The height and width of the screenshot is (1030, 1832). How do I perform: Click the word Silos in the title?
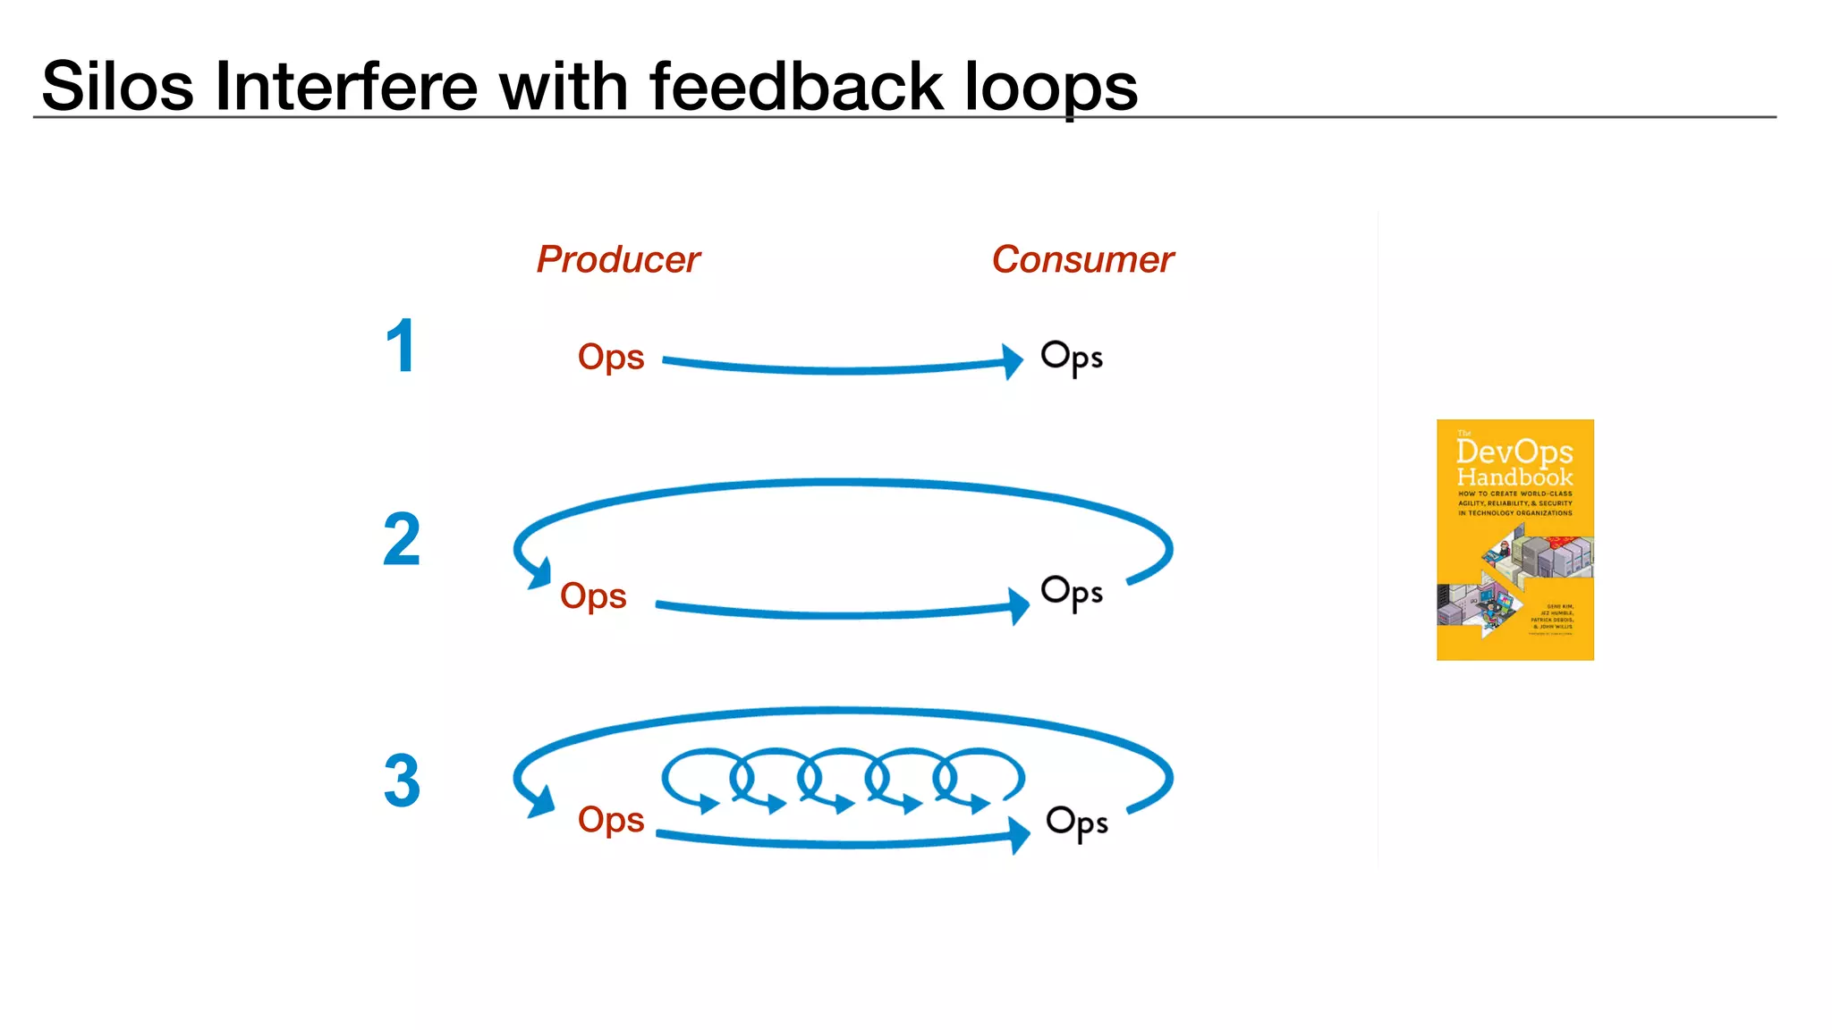[x=117, y=87]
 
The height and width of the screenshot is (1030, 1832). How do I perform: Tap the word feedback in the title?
[x=796, y=87]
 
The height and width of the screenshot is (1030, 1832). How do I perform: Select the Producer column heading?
[x=618, y=259]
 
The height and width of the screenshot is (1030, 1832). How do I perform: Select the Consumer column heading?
[x=1082, y=259]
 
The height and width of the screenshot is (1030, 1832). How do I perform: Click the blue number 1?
[x=401, y=346]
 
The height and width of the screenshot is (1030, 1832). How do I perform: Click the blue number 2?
[x=402, y=540]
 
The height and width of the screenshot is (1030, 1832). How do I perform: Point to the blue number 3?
[x=402, y=781]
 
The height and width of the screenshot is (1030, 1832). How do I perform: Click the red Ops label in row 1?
[x=611, y=357]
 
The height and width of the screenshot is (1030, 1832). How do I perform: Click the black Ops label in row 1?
[x=1071, y=358]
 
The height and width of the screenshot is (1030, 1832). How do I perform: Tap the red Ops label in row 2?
[x=593, y=595]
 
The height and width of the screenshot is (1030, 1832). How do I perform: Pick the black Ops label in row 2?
[x=1071, y=594]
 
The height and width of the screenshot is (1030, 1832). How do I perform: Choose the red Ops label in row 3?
[x=611, y=819]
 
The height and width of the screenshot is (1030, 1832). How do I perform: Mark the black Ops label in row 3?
[x=1076, y=823]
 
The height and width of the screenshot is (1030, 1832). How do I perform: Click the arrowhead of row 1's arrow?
[x=1014, y=361]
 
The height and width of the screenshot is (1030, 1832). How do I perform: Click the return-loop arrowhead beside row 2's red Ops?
[x=539, y=573]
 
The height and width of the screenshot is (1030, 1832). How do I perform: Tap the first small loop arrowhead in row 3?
[x=709, y=804]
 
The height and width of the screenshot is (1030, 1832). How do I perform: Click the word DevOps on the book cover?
[x=1514, y=452]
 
